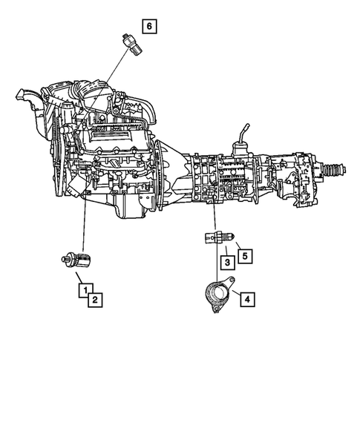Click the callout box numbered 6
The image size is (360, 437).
point(149,27)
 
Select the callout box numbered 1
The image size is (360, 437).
point(87,290)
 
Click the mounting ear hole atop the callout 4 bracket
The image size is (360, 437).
point(231,282)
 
